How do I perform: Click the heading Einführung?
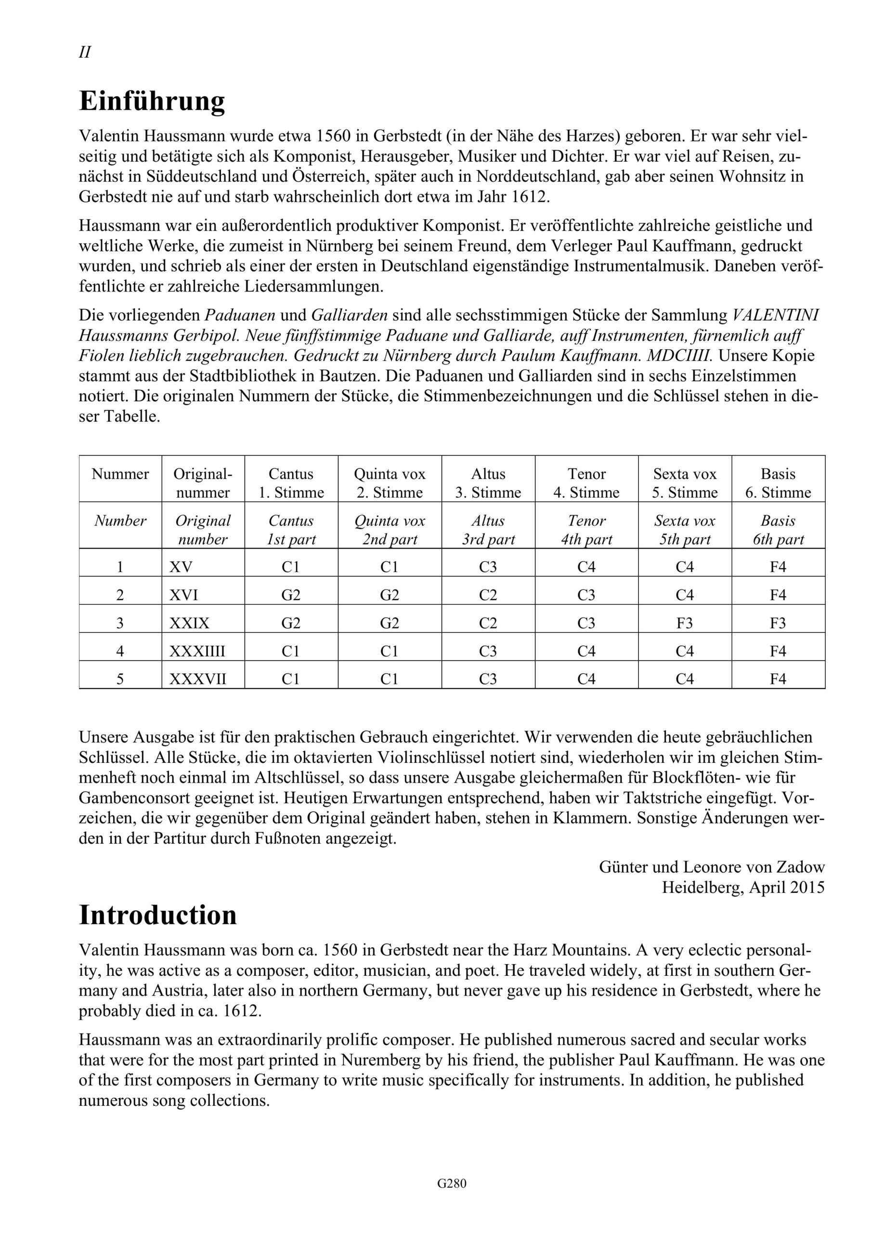(x=152, y=101)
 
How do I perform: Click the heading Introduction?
(x=158, y=915)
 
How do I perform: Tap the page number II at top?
(x=85, y=52)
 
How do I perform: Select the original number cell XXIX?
(x=189, y=623)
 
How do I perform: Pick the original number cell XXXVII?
(x=197, y=679)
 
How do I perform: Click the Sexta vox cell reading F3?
(x=685, y=623)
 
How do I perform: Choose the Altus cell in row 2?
(x=488, y=595)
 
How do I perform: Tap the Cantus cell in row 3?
(x=291, y=623)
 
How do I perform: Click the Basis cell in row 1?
(x=778, y=567)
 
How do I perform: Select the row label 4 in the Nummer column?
(x=120, y=651)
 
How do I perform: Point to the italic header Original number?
(x=203, y=530)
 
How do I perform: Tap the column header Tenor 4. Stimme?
(x=586, y=483)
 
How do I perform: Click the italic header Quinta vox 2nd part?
(x=390, y=530)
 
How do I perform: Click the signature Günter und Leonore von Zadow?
(x=712, y=867)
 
